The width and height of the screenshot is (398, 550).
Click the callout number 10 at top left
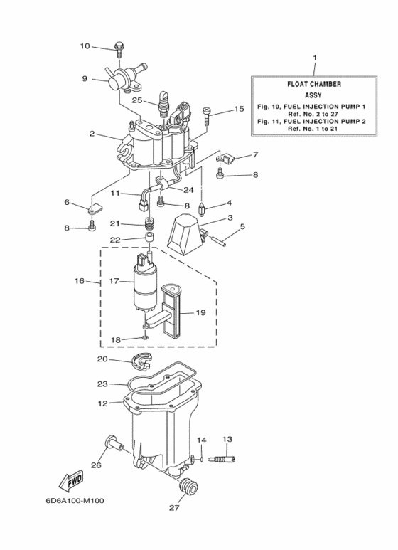85,46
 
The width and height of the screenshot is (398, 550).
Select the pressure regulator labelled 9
121,78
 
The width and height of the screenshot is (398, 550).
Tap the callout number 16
80,282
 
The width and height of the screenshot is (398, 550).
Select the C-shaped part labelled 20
144,360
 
